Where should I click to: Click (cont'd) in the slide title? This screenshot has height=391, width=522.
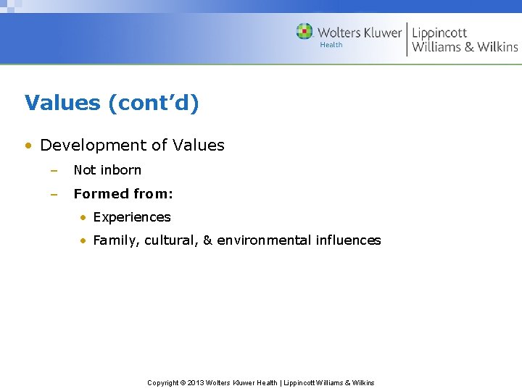point(153,103)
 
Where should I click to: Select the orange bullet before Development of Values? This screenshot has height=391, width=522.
point(28,146)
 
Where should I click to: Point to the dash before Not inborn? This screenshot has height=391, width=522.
point(53,170)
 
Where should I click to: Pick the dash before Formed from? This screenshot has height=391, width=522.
point(53,193)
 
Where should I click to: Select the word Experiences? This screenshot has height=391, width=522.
point(132,217)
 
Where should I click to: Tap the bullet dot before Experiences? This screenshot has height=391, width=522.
point(84,217)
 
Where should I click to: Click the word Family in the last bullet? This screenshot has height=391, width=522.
point(115,240)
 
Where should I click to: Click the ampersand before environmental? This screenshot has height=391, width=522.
point(207,240)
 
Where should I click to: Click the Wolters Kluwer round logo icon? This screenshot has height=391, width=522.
point(304,32)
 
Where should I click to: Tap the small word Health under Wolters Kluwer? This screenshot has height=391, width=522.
point(331,45)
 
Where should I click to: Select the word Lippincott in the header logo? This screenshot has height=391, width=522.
point(439,33)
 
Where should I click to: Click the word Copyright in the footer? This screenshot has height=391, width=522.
point(163,382)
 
